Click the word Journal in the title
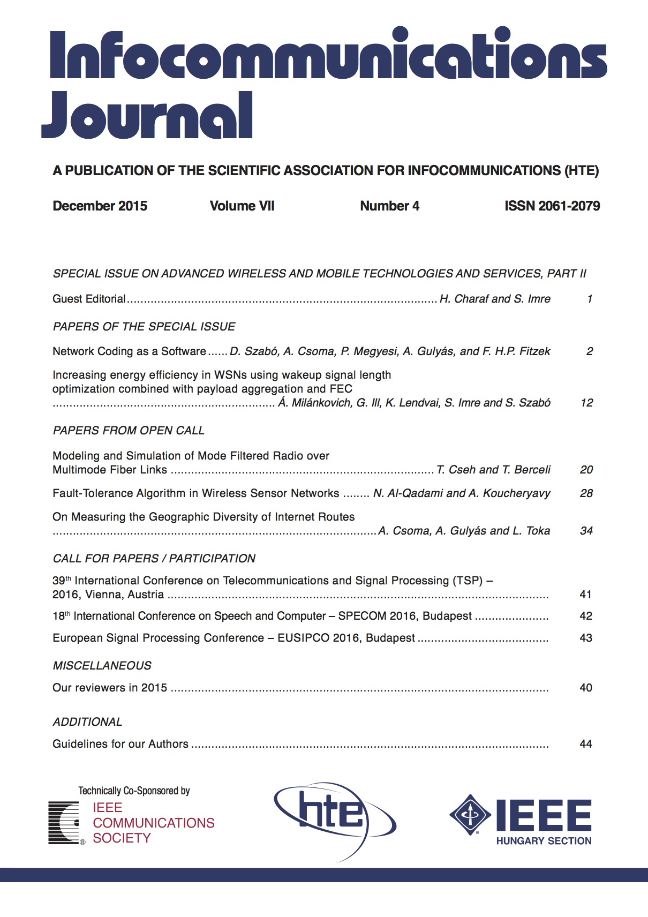147,116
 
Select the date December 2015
100,206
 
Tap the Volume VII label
242,206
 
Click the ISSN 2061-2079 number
552,206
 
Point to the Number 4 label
389,206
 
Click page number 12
586,403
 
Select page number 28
586,493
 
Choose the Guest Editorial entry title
89,299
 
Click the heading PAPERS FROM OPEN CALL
129,431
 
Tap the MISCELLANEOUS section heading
102,666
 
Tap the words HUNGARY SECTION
544,841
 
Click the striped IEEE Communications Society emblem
64,822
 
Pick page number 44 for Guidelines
586,744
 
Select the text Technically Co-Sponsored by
134,791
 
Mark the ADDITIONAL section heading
87,722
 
